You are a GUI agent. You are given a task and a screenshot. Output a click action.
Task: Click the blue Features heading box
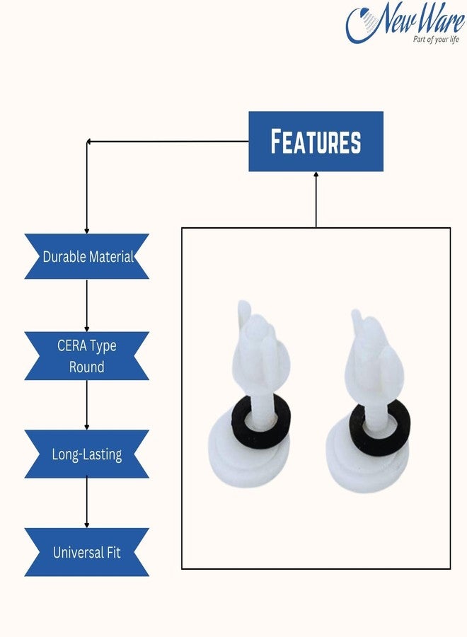316,142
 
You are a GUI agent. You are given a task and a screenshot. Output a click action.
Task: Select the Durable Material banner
87,256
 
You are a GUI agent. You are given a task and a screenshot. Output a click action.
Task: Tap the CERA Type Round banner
87,356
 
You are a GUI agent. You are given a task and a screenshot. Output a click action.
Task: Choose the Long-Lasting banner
87,454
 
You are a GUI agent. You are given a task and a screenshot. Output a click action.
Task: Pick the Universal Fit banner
87,552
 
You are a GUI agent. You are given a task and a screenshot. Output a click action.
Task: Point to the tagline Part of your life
436,40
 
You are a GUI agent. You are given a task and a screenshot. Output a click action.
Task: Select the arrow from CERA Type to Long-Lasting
86,405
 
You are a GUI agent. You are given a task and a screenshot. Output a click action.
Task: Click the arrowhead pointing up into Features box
316,174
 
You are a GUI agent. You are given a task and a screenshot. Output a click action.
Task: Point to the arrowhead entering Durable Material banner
86,231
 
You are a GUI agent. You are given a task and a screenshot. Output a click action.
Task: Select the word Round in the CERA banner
86,367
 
